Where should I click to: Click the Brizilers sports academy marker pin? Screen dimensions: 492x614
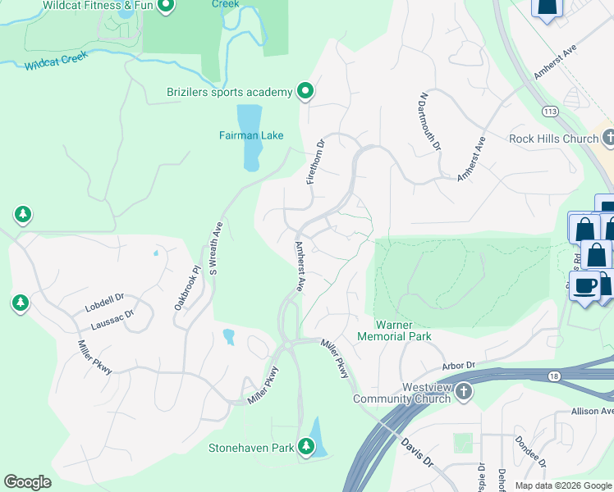305,91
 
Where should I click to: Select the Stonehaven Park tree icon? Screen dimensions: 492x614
306,446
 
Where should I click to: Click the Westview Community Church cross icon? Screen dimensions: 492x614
463,391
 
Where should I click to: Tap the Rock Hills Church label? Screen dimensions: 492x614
553,139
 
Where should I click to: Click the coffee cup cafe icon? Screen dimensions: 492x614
585,286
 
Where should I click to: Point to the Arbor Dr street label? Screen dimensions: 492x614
459,364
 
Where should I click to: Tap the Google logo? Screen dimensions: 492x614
28,483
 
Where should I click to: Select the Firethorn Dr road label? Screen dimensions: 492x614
316,162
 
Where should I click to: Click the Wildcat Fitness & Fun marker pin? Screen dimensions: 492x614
165,7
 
